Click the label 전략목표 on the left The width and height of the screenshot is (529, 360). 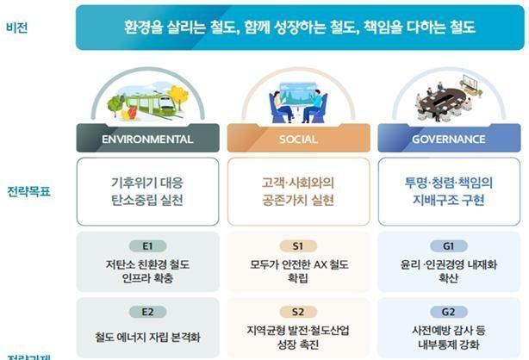[x=28, y=191]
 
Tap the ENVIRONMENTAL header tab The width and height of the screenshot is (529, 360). [x=147, y=139]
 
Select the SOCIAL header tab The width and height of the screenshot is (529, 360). [x=299, y=139]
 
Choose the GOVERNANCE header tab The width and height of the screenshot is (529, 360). [x=450, y=139]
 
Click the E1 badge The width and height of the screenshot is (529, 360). [x=147, y=245]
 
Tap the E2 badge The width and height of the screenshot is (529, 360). [x=147, y=311]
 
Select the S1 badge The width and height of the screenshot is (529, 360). [x=299, y=245]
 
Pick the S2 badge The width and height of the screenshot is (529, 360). [x=299, y=311]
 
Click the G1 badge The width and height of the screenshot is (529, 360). [x=449, y=245]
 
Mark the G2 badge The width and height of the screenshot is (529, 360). [x=449, y=311]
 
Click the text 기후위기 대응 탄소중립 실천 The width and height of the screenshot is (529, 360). [x=147, y=191]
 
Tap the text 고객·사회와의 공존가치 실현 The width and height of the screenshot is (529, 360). [x=299, y=191]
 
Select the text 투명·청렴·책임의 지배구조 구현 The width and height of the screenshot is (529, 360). [x=449, y=191]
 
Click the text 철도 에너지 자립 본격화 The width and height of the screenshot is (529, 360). [x=147, y=337]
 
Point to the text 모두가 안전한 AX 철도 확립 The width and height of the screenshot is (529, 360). [x=299, y=271]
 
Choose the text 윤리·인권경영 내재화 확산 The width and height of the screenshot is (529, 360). [x=449, y=271]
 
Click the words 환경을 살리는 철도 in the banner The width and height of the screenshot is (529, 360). [x=177, y=28]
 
